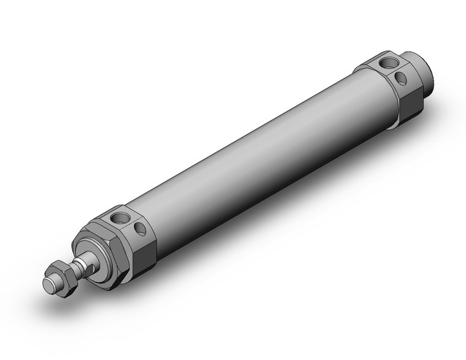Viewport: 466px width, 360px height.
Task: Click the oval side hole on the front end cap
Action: point(140,229)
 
